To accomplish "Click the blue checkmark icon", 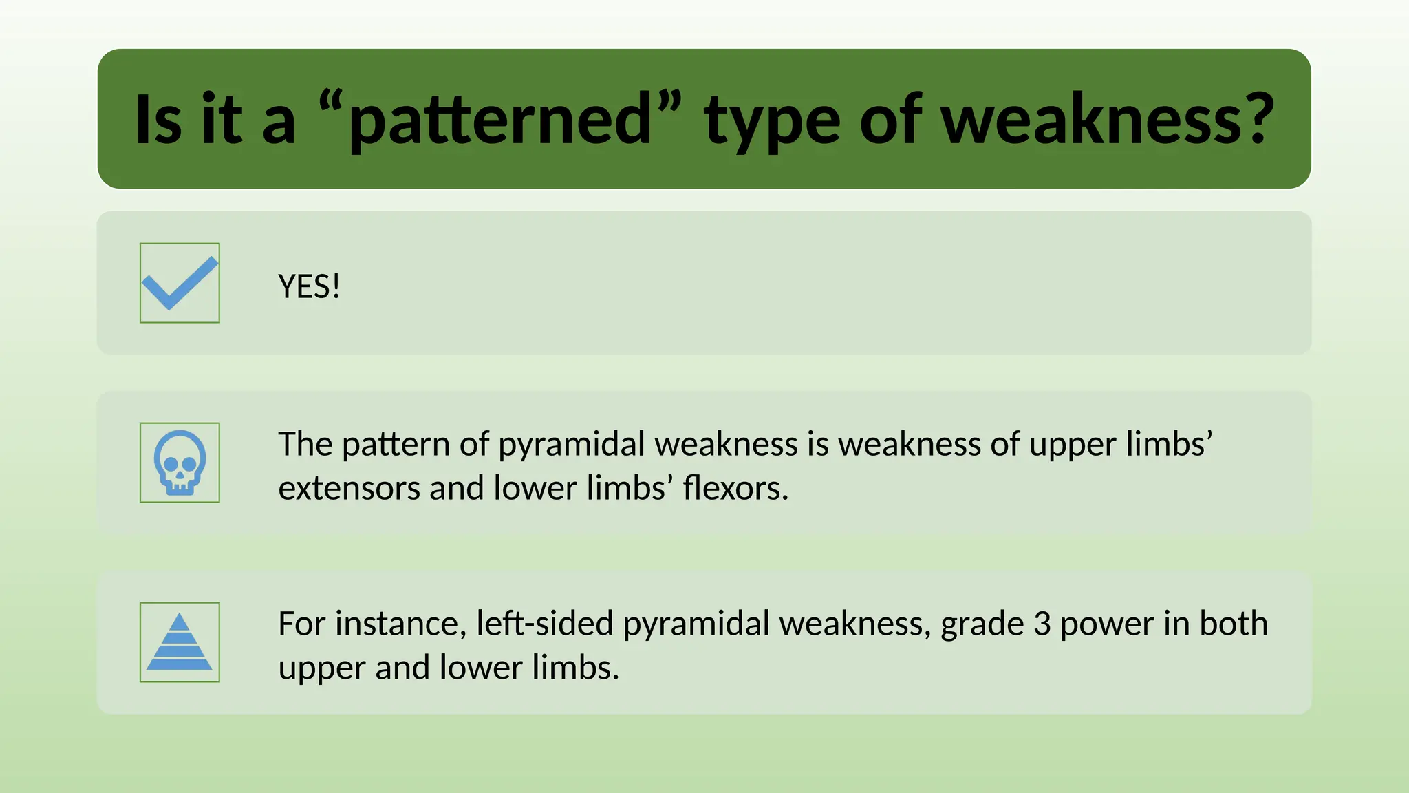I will pyautogui.click(x=180, y=283).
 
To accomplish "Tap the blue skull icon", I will pyautogui.click(x=180, y=463).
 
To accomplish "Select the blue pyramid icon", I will pyautogui.click(x=180, y=642).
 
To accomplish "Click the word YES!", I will pyautogui.click(x=309, y=286).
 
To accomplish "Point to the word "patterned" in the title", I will pyautogui.click(x=500, y=120).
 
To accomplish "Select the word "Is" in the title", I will pyautogui.click(x=159, y=120).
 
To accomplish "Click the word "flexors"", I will pyautogui.click(x=735, y=488).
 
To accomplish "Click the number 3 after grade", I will pyautogui.click(x=1042, y=624).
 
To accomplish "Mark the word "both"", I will pyautogui.click(x=1234, y=624).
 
